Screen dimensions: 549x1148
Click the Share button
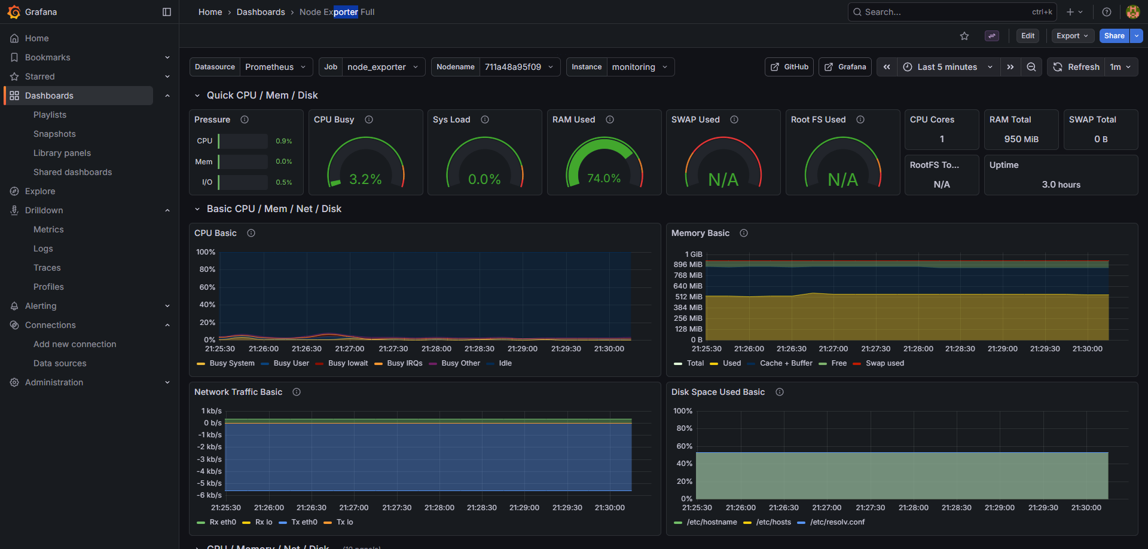click(1114, 36)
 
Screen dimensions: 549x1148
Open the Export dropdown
click(1072, 36)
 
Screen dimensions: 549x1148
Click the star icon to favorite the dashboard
click(964, 36)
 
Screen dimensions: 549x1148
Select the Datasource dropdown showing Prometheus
click(275, 67)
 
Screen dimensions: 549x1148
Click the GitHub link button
click(789, 67)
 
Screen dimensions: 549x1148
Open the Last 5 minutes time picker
click(947, 67)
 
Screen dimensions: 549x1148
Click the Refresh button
click(1077, 67)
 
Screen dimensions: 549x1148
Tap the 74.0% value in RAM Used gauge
click(604, 178)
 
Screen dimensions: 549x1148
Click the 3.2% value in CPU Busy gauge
click(365, 179)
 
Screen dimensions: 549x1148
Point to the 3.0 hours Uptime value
click(1061, 185)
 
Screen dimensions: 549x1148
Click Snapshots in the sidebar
click(54, 134)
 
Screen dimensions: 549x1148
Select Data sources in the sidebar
click(60, 363)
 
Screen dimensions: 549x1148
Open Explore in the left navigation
click(40, 191)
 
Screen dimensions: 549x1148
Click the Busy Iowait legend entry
click(348, 363)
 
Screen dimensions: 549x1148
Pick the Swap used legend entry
click(884, 363)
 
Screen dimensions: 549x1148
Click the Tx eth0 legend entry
click(304, 522)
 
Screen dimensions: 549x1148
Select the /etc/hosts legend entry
click(773, 522)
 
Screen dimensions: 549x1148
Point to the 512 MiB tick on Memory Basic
click(688, 297)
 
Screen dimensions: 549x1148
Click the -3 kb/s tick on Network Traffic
click(210, 459)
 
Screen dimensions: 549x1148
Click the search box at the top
click(945, 12)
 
